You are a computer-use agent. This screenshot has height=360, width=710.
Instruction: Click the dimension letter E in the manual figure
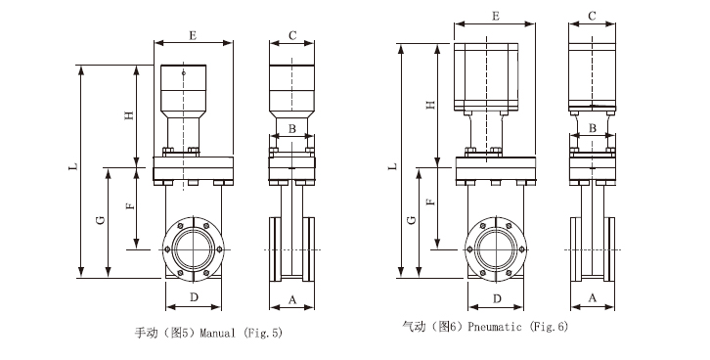click(194, 35)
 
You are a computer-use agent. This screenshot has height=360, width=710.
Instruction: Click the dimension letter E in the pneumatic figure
click(496, 17)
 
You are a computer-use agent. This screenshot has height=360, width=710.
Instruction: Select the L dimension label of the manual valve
click(73, 166)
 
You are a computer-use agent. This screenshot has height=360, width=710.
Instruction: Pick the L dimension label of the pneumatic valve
click(393, 166)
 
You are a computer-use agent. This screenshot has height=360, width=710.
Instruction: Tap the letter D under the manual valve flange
click(194, 297)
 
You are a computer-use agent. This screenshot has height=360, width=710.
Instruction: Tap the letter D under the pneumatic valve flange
click(497, 299)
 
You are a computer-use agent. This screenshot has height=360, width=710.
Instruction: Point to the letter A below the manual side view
click(292, 299)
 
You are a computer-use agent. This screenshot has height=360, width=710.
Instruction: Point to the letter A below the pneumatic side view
click(593, 297)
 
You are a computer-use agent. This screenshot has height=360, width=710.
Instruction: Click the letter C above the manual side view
click(292, 35)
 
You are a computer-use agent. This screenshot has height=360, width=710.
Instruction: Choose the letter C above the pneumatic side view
click(593, 17)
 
